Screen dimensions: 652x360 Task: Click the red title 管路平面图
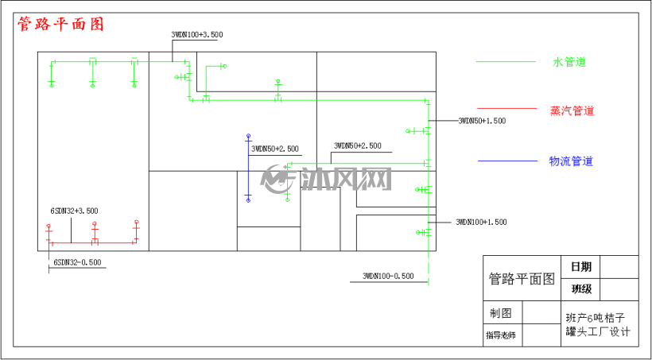pos(60,24)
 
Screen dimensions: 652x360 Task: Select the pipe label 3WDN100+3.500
pos(197,35)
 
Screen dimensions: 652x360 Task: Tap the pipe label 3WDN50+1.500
pos(482,121)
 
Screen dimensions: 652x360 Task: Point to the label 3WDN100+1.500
pos(482,222)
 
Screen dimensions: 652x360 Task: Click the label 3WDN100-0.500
pos(388,276)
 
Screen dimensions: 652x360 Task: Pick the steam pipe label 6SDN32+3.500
pos(75,211)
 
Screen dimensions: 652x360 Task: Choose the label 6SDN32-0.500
pos(77,263)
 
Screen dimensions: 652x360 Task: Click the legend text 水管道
pos(569,62)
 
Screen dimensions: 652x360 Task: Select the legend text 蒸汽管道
pos(572,111)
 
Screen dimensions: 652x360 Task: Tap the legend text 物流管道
pos(571,161)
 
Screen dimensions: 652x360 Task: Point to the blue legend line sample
pos(508,161)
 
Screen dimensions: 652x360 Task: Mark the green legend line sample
pos(506,62)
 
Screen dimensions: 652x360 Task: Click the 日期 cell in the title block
pos(580,266)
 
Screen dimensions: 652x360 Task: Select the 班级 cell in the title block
pos(580,289)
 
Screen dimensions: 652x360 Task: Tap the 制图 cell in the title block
pos(503,312)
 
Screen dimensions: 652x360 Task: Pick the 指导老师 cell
pos(503,335)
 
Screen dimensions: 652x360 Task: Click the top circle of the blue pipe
pos(249,136)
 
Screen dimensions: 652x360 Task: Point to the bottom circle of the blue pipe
pos(248,200)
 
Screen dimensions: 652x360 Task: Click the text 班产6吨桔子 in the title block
pos(596,319)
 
